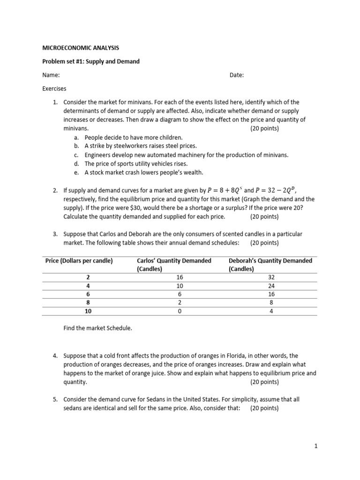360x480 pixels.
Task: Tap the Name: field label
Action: click(51, 75)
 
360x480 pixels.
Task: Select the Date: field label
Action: click(237, 75)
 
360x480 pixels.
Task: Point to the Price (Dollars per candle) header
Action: click(79, 261)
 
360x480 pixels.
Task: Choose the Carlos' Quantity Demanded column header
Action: click(173, 265)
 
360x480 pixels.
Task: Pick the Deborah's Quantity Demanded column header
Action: click(270, 265)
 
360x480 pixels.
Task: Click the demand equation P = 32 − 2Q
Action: click(277, 191)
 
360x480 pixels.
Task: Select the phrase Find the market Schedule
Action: click(98, 328)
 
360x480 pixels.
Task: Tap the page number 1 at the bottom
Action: click(316, 447)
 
